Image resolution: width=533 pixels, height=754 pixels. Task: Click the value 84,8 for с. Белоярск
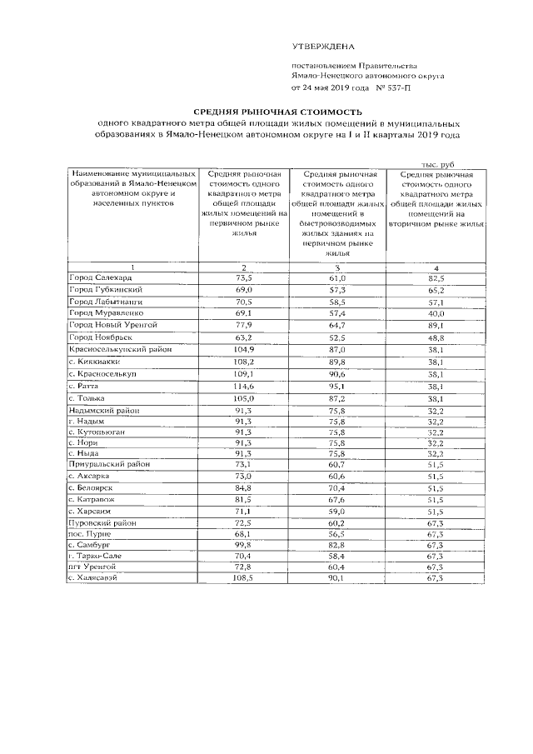click(243, 487)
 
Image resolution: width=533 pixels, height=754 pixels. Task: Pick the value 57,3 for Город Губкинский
click(337, 289)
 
